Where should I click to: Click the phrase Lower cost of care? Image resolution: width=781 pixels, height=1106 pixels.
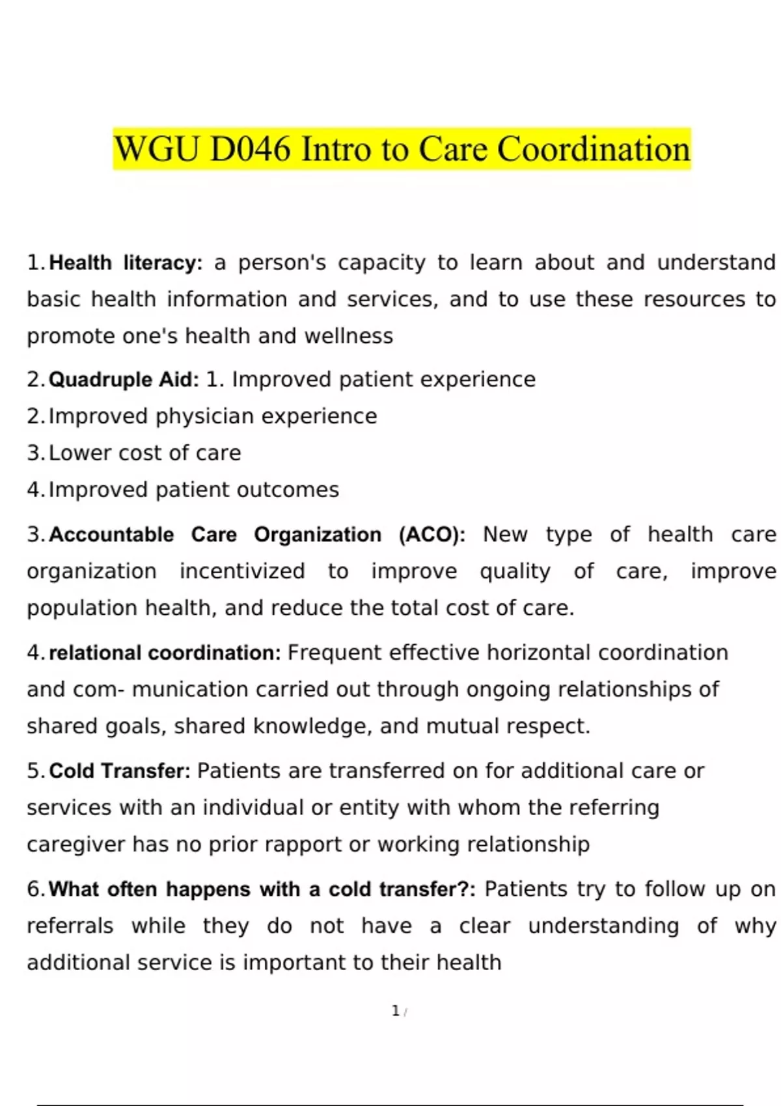click(x=144, y=453)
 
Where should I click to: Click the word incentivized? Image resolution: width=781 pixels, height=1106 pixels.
click(x=242, y=571)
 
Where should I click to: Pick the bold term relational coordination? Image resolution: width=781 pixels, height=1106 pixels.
click(x=165, y=653)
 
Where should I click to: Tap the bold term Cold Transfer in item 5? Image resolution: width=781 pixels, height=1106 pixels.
click(x=120, y=771)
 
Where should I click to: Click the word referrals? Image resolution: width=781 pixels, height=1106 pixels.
click(x=70, y=926)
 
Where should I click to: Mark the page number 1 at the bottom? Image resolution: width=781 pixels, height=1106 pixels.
click(x=395, y=1011)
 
